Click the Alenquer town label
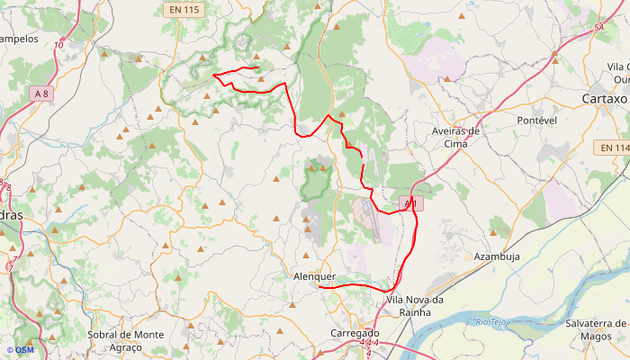pos(314,276)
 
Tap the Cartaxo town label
pos(604,98)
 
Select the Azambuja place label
pos(497,256)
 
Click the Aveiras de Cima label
pos(455,136)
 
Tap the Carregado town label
pos(355,332)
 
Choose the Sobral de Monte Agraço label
pos(126,340)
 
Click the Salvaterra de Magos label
pos(597,328)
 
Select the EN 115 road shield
pos(184,9)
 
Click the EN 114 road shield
pos(615,148)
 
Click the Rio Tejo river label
pos(493,321)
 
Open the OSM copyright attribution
pos(20,350)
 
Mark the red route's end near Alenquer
pos(319,286)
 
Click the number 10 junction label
pos(58,44)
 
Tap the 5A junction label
pos(598,28)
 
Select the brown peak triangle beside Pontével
pos(555,61)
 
